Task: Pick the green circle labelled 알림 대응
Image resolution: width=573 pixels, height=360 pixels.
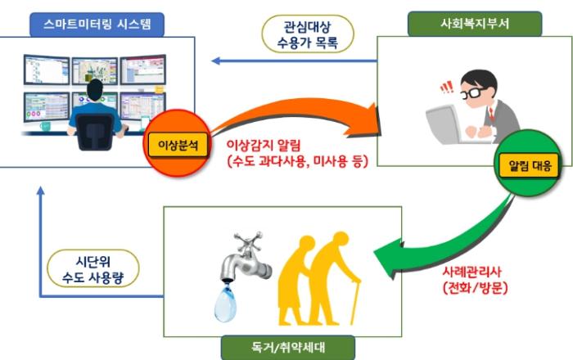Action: click(524, 166)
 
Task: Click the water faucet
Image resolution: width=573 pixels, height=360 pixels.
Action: click(242, 250)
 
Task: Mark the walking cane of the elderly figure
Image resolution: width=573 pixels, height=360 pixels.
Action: click(354, 303)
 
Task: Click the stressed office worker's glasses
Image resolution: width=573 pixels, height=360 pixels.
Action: click(476, 95)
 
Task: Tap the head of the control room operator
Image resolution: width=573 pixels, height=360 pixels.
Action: click(96, 91)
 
